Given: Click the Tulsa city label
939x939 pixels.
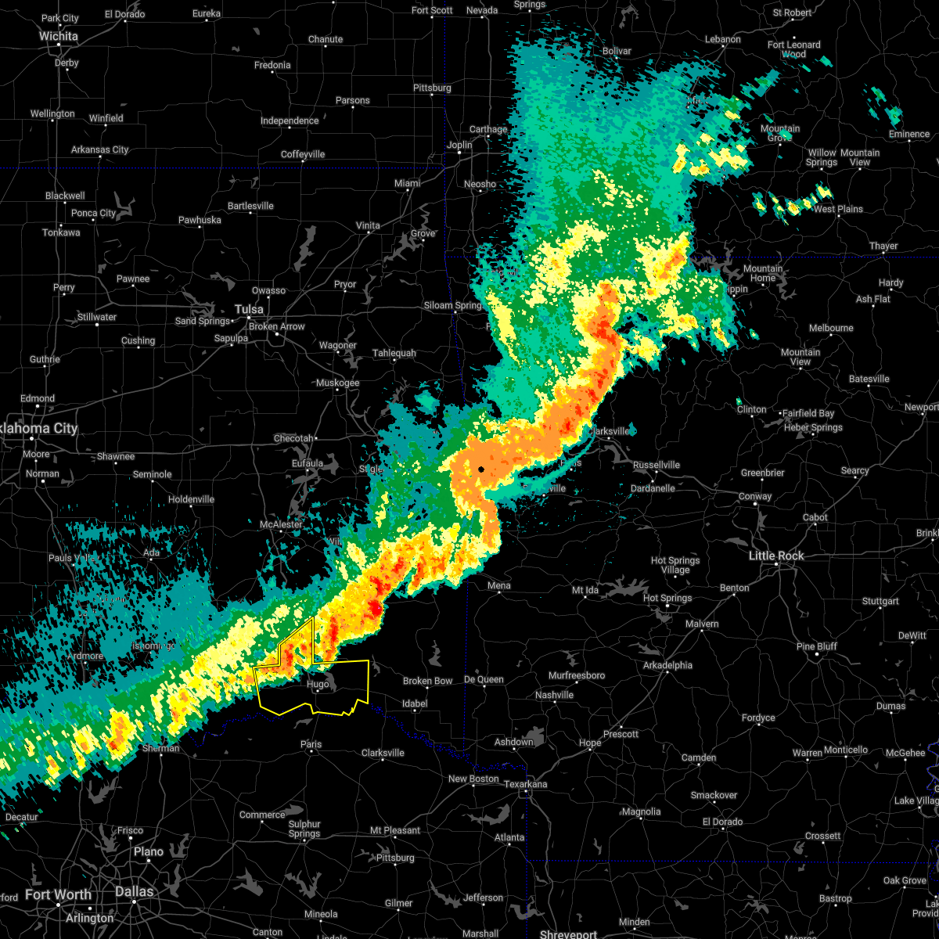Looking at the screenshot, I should pyautogui.click(x=249, y=308).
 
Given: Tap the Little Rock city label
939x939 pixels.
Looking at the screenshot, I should pyautogui.click(x=776, y=556).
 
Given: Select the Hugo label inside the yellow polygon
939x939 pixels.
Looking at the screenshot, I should pyautogui.click(x=318, y=684).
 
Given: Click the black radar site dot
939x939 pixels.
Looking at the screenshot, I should pyautogui.click(x=481, y=469).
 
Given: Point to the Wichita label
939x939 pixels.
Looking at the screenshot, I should pyautogui.click(x=59, y=36).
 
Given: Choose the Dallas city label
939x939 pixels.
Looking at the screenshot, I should pyautogui.click(x=134, y=891).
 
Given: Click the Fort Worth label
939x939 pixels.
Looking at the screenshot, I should pyautogui.click(x=58, y=894).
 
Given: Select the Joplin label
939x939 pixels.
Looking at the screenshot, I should pyautogui.click(x=459, y=145).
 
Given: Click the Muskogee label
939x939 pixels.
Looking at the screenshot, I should pyautogui.click(x=337, y=383).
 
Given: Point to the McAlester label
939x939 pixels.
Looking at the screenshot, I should pyautogui.click(x=281, y=524).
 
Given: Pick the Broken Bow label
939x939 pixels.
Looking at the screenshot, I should pyautogui.click(x=427, y=681).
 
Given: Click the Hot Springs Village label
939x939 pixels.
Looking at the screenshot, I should pyautogui.click(x=675, y=565).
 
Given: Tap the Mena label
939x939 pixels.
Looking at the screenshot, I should pyautogui.click(x=498, y=585).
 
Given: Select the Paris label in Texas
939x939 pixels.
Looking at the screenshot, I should pyautogui.click(x=311, y=744).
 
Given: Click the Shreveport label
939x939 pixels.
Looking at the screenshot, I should pyautogui.click(x=568, y=934).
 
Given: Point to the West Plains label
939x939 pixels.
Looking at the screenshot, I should pyautogui.click(x=838, y=209).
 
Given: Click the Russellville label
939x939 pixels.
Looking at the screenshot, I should pyautogui.click(x=656, y=465).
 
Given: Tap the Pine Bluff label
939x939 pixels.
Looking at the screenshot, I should pyautogui.click(x=816, y=646).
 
